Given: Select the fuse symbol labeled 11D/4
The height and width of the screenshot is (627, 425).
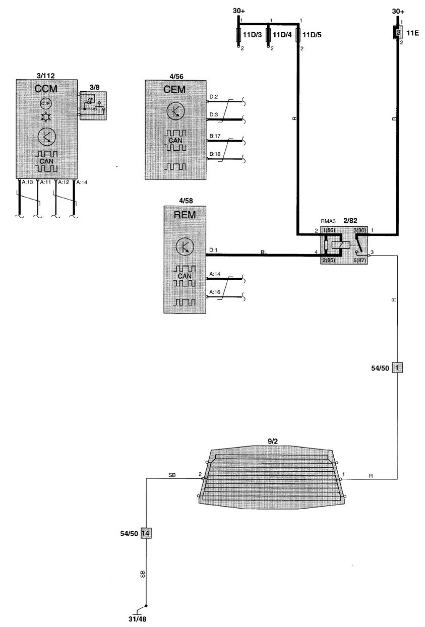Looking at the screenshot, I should click(x=268, y=36).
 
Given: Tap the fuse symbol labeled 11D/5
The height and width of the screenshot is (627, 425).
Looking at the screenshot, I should click(x=298, y=36).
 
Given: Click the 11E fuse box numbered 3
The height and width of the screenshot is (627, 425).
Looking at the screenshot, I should click(x=398, y=33).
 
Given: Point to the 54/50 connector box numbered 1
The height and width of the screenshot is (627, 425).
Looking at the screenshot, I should click(x=398, y=367).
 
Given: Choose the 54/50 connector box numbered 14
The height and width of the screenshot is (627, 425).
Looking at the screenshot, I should click(x=146, y=533).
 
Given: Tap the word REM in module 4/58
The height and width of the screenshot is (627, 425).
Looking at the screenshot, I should click(x=185, y=216).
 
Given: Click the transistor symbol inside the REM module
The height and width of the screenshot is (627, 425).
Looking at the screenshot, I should click(x=185, y=246).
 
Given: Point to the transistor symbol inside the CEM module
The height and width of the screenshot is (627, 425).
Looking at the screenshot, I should click(x=174, y=112).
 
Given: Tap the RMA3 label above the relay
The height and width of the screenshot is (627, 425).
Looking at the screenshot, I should click(x=329, y=221).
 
